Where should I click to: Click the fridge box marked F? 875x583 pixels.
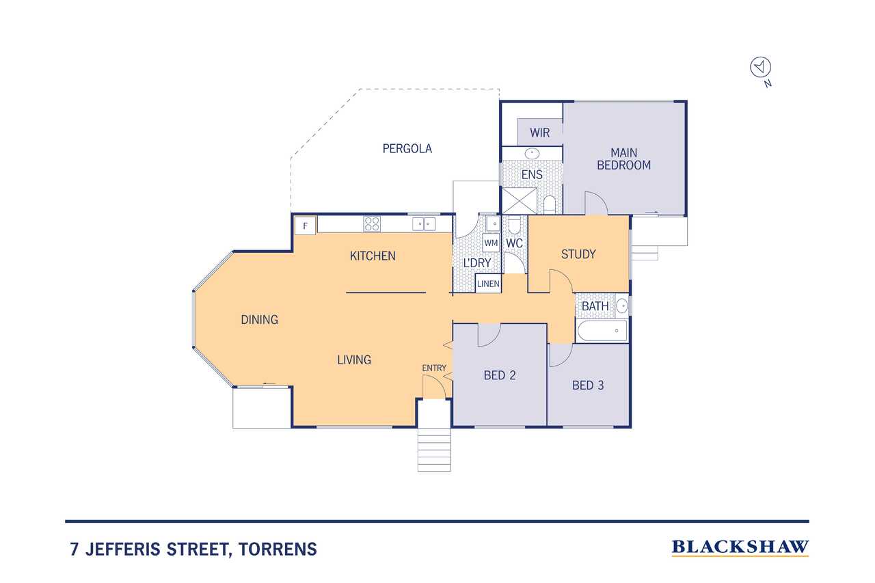(305, 226)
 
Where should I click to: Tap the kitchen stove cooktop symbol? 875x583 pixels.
(371, 224)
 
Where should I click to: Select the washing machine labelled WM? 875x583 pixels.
(491, 243)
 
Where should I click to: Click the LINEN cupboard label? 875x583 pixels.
(488, 284)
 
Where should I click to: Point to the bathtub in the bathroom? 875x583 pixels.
(602, 331)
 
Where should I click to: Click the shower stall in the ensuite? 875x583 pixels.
(520, 201)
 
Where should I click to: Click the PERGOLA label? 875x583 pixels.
(407, 149)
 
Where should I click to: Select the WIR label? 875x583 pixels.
(540, 133)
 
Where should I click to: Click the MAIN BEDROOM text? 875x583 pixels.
(624, 159)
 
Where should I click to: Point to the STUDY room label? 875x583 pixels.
(578, 254)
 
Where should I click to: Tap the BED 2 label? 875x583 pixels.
(500, 375)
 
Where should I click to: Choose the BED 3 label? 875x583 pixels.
(588, 385)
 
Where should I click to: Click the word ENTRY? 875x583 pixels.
(434, 368)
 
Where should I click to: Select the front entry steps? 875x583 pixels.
(434, 450)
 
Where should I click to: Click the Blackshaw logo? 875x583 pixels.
(740, 547)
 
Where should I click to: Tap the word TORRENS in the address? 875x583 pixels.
(278, 549)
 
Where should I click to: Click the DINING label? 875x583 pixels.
(259, 320)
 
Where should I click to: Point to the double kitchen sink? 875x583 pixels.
(424, 224)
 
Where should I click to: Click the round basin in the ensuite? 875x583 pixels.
(532, 154)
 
